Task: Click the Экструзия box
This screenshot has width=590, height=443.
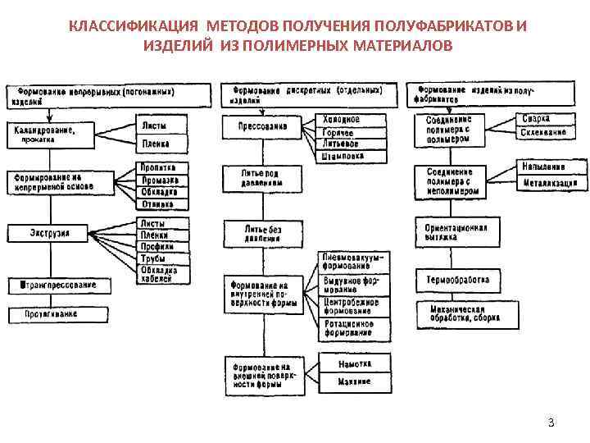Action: tap(51, 233)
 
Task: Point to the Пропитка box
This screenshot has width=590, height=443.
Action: tap(161, 167)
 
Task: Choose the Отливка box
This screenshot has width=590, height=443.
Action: tap(161, 204)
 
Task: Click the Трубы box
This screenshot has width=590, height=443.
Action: tap(161, 258)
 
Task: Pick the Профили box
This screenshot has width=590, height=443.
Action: tap(161, 246)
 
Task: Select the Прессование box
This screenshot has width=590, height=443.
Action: tap(263, 128)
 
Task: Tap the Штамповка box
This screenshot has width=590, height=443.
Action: tap(341, 155)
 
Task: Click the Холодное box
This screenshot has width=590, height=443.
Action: tap(341, 120)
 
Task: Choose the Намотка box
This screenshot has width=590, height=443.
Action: tap(354, 363)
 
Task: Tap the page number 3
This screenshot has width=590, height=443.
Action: tap(551, 423)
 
